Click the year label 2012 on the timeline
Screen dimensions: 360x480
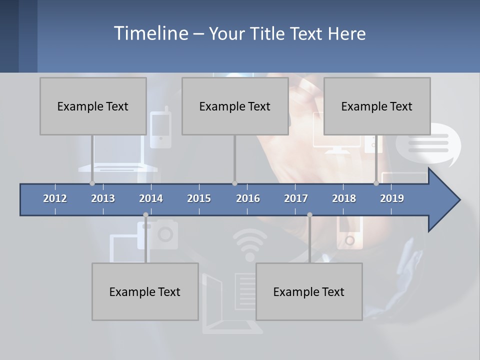pyautogui.click(x=55, y=198)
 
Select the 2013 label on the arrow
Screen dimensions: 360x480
pyautogui.click(x=103, y=198)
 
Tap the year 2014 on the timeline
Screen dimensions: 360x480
pyautogui.click(x=151, y=198)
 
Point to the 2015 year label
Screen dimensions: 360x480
pyautogui.click(x=199, y=198)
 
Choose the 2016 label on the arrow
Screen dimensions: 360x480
pyautogui.click(x=248, y=198)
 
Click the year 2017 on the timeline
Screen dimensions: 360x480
pyautogui.click(x=296, y=198)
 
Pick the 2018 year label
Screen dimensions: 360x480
pyautogui.click(x=344, y=198)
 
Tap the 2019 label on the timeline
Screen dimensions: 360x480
pyautogui.click(x=392, y=198)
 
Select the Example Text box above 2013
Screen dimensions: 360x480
pyautogui.click(x=93, y=106)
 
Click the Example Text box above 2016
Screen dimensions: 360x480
pyautogui.click(x=235, y=106)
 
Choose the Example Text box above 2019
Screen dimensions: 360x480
pyautogui.click(x=377, y=106)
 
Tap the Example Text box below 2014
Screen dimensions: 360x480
pyautogui.click(x=145, y=291)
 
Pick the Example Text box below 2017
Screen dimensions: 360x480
pyautogui.click(x=309, y=291)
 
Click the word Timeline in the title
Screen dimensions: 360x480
pyautogui.click(x=150, y=33)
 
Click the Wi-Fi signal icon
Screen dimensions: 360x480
pyautogui.click(x=250, y=242)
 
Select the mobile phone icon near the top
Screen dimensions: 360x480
pyautogui.click(x=160, y=127)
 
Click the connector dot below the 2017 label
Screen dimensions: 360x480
pyautogui.click(x=309, y=215)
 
